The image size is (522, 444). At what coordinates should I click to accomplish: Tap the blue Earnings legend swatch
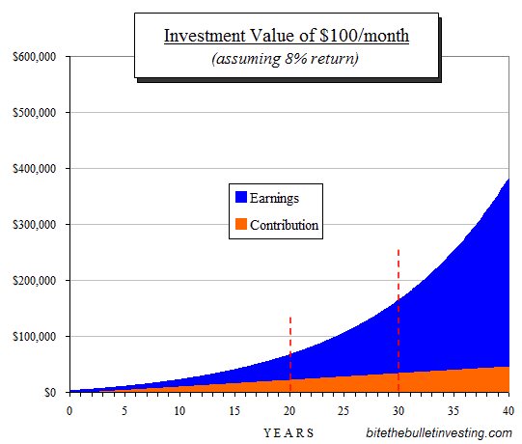[240, 198]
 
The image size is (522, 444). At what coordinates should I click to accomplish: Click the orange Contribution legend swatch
[240, 226]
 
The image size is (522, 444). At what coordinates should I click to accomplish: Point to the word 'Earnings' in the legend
[274, 198]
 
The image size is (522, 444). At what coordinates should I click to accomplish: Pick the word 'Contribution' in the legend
[284, 226]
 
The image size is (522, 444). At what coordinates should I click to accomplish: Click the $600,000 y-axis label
[35, 57]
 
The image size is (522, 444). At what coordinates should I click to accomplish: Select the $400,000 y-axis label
[35, 169]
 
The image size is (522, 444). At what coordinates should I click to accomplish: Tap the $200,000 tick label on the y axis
[35, 281]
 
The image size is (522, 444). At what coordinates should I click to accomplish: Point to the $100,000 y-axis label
[35, 337]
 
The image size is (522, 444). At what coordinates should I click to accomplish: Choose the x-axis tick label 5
[124, 410]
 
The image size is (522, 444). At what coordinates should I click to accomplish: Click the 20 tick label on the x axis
[289, 410]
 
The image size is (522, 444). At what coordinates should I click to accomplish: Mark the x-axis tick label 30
[399, 410]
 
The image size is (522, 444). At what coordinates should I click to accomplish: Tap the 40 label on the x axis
[508, 410]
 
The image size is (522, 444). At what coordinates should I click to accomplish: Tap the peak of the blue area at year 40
[508, 180]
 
